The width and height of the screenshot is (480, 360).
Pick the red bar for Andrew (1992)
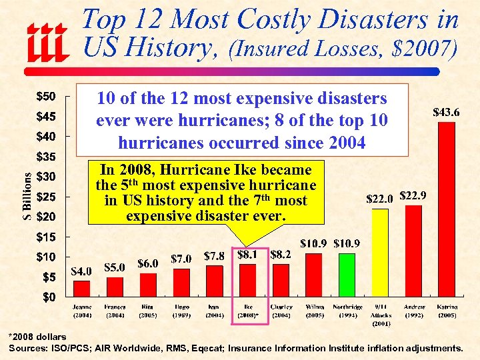click(x=413, y=250)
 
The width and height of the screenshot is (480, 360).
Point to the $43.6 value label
click(x=446, y=113)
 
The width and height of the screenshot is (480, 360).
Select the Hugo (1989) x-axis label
click(x=181, y=311)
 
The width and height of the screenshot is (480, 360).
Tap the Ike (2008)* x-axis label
click(x=248, y=311)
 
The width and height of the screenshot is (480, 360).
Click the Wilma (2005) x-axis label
click(x=314, y=311)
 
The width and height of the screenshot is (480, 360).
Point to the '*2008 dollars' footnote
click(x=39, y=337)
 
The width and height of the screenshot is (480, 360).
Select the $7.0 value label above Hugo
click(x=181, y=259)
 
